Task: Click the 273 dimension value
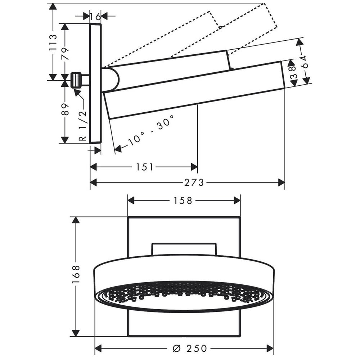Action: click(194, 183)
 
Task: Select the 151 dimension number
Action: click(145, 167)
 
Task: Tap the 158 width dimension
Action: click(183, 201)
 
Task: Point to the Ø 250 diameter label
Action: click(190, 348)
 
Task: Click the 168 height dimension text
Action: click(76, 274)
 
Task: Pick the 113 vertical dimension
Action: click(53, 42)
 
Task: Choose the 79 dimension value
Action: click(65, 54)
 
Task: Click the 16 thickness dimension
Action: click(95, 17)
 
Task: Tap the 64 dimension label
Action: click(305, 62)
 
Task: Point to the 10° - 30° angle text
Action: click(151, 130)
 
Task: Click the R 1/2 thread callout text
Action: click(82, 125)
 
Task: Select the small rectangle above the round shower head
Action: click(184, 249)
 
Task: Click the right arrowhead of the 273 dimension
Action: click(281, 183)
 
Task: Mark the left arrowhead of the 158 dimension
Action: click(131, 201)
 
